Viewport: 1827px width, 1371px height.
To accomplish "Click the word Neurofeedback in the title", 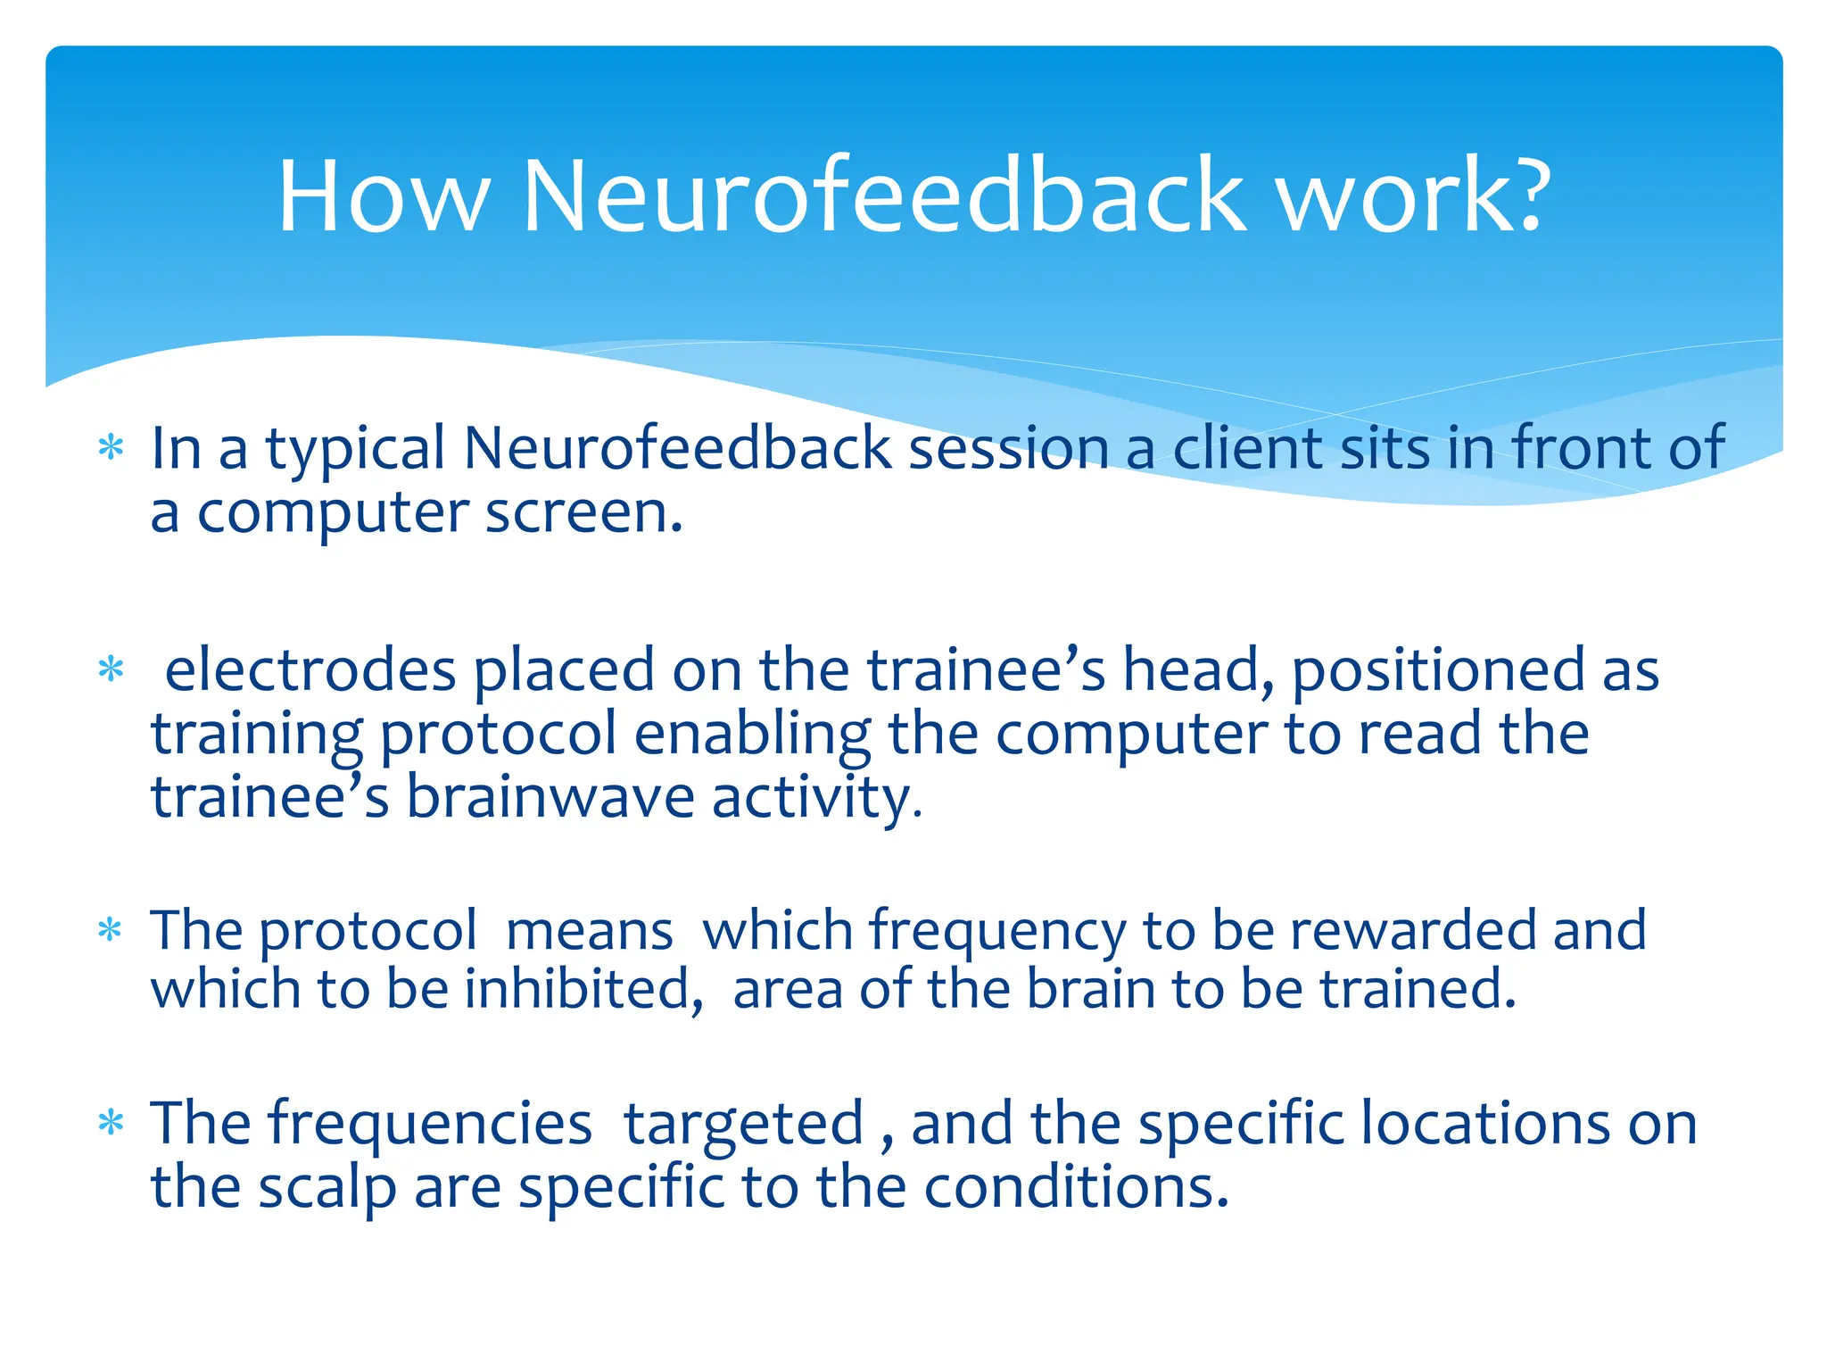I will pyautogui.click(x=883, y=196).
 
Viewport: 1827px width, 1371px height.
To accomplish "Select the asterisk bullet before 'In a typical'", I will pyautogui.click(x=111, y=448).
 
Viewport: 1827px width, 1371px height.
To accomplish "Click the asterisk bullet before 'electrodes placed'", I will pyautogui.click(x=111, y=669).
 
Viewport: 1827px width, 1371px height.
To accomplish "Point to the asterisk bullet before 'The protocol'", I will pyautogui.click(x=111, y=931).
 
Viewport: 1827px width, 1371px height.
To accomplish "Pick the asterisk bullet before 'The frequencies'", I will pyautogui.click(x=111, y=1123).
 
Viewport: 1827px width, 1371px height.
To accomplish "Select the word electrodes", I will pyautogui.click(x=310, y=671).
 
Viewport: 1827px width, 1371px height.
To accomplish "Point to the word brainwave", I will pyautogui.click(x=550, y=797).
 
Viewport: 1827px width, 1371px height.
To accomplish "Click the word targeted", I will pyautogui.click(x=744, y=1125).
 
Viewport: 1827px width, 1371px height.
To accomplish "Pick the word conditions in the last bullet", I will pyautogui.click(x=1076, y=1188).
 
